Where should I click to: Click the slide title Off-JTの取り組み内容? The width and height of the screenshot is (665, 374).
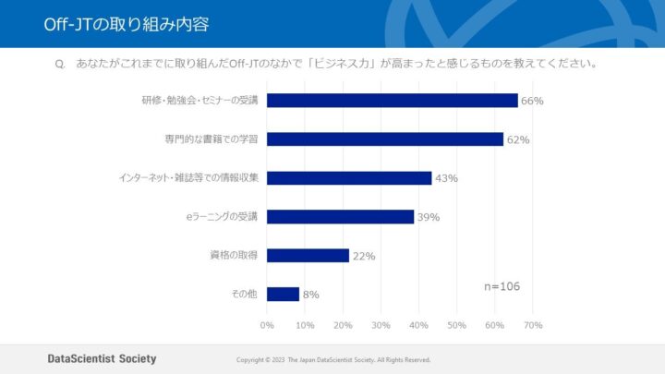pos(126,24)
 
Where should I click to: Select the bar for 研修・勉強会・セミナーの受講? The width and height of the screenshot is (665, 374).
pos(392,101)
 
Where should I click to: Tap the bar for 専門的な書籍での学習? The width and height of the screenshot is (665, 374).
pos(384,139)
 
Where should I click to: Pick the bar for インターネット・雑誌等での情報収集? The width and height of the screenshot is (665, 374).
pos(349,178)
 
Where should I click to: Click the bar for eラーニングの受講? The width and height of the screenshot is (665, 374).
pos(340,217)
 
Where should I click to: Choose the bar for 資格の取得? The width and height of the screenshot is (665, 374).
pos(308,256)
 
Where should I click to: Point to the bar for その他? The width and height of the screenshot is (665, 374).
pos(283,295)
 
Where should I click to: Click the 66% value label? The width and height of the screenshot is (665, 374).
pos(531,101)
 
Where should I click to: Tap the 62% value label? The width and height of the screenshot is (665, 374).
pos(517,139)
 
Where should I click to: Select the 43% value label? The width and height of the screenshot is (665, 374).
pos(446,178)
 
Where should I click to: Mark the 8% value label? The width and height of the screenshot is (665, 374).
pos(310,295)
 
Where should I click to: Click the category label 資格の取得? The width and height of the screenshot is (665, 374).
pos(234,255)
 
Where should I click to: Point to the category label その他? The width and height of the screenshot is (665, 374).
pos(244,294)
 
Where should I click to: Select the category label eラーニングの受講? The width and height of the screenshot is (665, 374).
pos(222,216)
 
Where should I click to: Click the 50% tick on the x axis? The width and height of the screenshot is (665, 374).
pos(456,325)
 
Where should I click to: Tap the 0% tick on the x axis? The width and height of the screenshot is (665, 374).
pos(267,325)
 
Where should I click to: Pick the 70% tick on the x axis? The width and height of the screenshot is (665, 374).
pos(532,325)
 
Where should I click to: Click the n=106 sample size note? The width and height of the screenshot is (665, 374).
pos(502,286)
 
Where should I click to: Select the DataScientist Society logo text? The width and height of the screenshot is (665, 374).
pos(102,358)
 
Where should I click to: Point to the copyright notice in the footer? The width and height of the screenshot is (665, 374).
pos(333,359)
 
